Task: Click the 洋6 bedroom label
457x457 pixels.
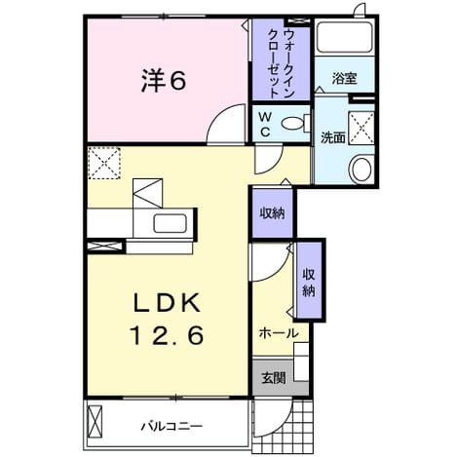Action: (x=164, y=81)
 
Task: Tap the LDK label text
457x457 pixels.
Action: (x=167, y=304)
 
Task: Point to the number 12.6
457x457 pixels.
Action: (x=167, y=335)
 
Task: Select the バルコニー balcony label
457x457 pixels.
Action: (x=171, y=426)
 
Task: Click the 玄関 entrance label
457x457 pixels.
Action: (x=274, y=378)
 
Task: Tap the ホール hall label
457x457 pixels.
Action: (x=279, y=333)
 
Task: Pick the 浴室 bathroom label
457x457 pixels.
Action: (x=344, y=78)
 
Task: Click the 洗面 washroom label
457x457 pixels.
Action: (x=333, y=137)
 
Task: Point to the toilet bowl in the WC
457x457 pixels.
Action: (x=293, y=123)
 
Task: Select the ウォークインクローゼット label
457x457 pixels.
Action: (x=281, y=63)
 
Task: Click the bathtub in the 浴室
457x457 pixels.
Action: (x=345, y=37)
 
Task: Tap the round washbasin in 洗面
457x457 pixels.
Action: (x=362, y=170)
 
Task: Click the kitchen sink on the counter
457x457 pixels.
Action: (x=170, y=223)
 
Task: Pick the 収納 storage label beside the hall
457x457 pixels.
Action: (x=309, y=283)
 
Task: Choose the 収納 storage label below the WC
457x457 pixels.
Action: (x=272, y=213)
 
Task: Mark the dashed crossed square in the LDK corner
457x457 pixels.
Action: (x=104, y=163)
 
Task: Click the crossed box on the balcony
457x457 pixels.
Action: (x=95, y=422)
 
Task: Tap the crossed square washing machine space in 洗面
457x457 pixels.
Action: (x=362, y=128)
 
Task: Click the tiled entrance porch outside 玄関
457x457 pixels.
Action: (x=284, y=426)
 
